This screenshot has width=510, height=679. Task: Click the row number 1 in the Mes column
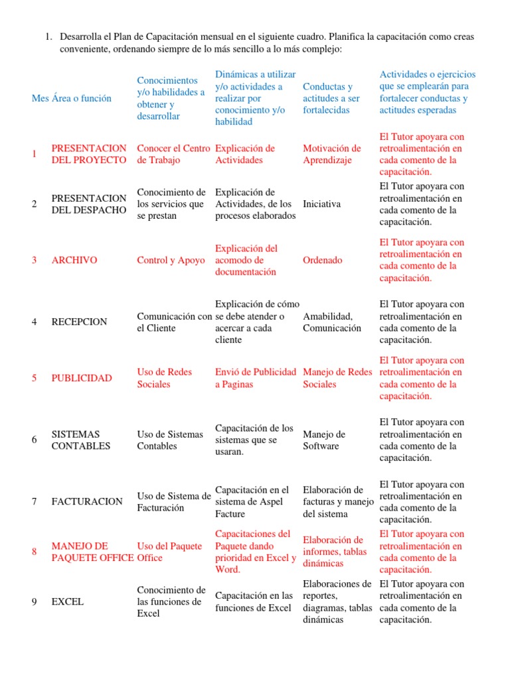point(34,154)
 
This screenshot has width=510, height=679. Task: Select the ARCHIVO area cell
point(74,260)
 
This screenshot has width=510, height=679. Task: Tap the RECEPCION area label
point(79,322)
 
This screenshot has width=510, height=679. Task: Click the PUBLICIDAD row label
point(82,378)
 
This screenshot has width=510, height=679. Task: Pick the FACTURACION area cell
point(87,501)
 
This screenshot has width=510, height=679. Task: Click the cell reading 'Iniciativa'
point(322,204)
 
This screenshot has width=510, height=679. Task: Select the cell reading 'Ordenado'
point(323,260)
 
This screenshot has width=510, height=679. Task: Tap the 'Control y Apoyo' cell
point(171,260)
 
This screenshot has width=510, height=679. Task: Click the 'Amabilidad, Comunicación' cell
point(333,322)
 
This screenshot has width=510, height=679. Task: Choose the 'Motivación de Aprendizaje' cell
point(332,154)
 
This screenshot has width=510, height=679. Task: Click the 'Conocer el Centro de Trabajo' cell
point(173,154)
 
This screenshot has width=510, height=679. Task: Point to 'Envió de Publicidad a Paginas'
point(256,378)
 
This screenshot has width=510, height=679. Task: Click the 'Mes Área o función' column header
point(72,98)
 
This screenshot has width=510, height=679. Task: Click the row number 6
point(34,440)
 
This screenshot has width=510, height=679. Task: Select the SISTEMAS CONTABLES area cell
point(80,440)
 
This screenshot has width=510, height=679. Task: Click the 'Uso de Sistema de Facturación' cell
point(173,501)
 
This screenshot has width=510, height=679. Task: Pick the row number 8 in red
point(34,552)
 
